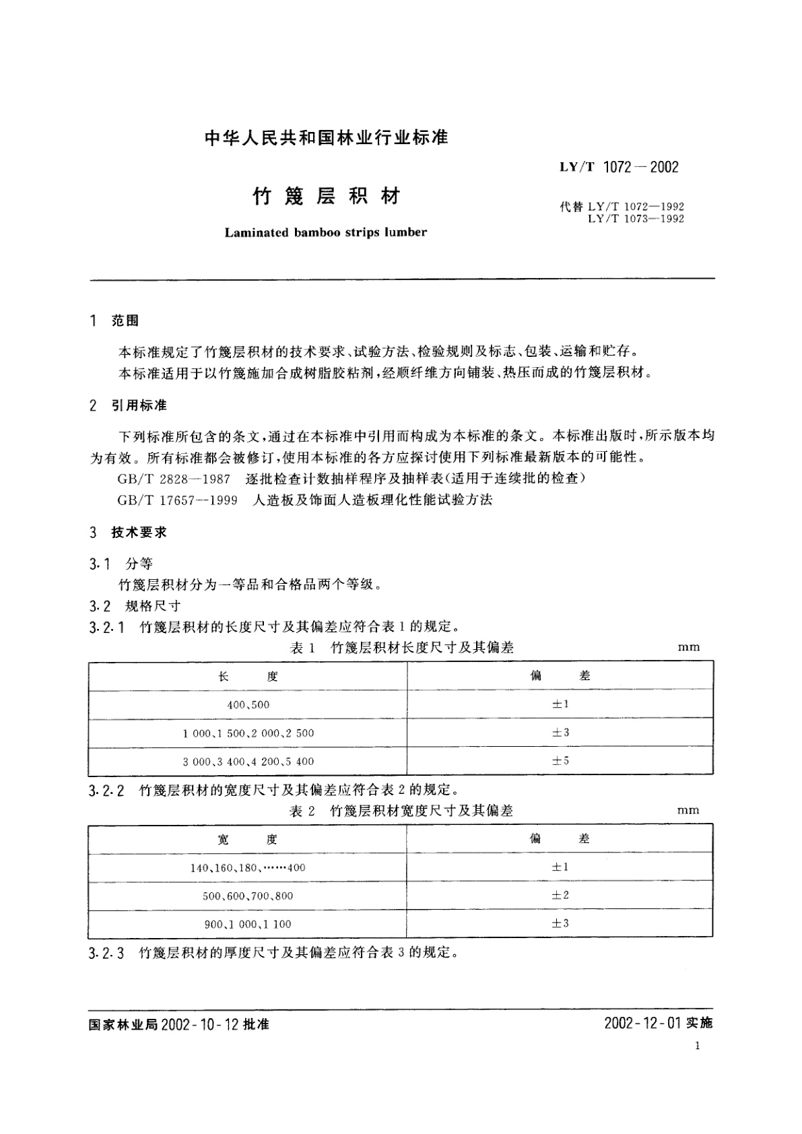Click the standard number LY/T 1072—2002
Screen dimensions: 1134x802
[619, 167]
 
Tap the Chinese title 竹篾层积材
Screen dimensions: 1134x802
[326, 196]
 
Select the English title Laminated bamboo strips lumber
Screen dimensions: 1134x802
[325, 232]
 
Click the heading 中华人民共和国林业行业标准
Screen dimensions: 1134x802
[326, 139]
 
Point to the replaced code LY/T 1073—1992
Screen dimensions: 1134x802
[636, 219]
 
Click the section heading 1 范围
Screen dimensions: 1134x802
[114, 321]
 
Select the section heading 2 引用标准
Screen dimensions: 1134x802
[128, 405]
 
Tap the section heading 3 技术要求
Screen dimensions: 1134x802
[128, 533]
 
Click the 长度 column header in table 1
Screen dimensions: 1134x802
[248, 676]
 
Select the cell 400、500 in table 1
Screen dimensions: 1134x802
[248, 704]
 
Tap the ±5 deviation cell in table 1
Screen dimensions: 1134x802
[560, 761]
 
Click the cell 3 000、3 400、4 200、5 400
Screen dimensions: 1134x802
[248, 762]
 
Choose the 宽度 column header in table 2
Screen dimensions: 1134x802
[247, 839]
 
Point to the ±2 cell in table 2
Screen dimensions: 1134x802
[560, 896]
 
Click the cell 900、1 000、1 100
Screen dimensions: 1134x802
[248, 925]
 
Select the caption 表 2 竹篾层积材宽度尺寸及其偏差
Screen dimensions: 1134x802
[401, 811]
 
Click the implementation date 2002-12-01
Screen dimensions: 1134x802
[642, 1024]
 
